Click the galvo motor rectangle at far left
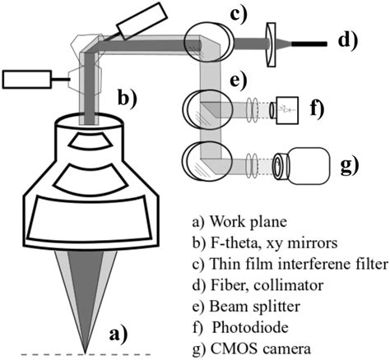tap(24, 80)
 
